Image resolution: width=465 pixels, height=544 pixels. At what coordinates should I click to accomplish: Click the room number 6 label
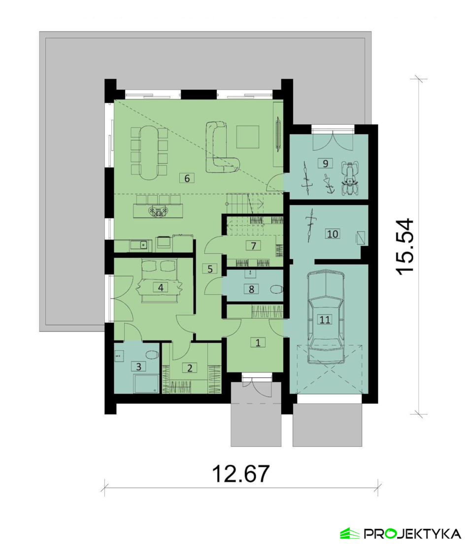[x=187, y=178]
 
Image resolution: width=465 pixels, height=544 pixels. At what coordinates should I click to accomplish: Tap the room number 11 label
[x=325, y=319]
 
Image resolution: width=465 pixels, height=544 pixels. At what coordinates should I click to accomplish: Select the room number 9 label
[x=325, y=163]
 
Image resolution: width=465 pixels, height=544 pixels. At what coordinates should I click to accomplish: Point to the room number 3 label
[x=139, y=367]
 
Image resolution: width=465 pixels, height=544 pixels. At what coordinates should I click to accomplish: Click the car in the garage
[x=326, y=317]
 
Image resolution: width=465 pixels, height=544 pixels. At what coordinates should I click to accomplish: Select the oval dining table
[x=149, y=153]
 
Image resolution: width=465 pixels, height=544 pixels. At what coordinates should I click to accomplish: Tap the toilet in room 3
[x=152, y=355]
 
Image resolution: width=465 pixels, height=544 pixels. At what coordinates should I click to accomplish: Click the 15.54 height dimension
[x=405, y=247]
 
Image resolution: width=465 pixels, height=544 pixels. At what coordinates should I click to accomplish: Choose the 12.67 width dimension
[x=241, y=474]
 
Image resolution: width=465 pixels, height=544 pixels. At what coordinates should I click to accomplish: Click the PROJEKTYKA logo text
[x=412, y=533]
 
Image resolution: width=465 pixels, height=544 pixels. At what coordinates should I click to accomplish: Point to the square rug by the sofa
[x=248, y=136]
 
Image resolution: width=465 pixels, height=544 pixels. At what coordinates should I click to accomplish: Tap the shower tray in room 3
[x=146, y=384]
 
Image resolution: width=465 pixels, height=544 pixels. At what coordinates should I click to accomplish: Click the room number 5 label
[x=210, y=269]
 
